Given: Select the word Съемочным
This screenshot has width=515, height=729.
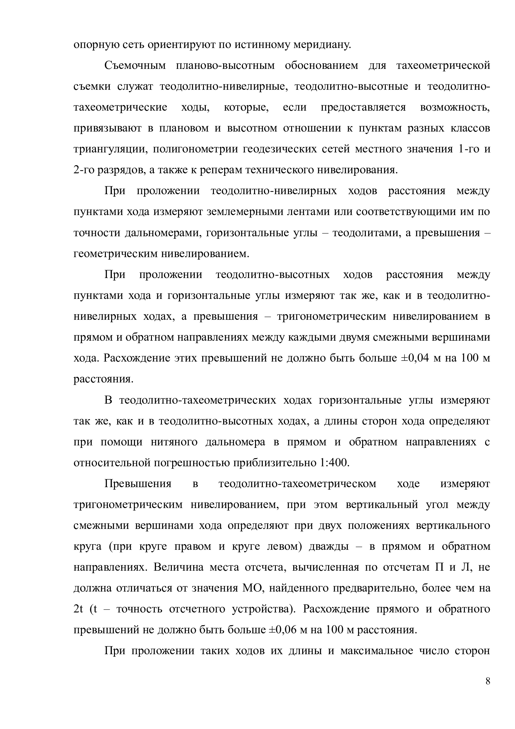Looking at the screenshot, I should click(135, 66).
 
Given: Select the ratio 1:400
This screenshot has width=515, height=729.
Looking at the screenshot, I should click(332, 463).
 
